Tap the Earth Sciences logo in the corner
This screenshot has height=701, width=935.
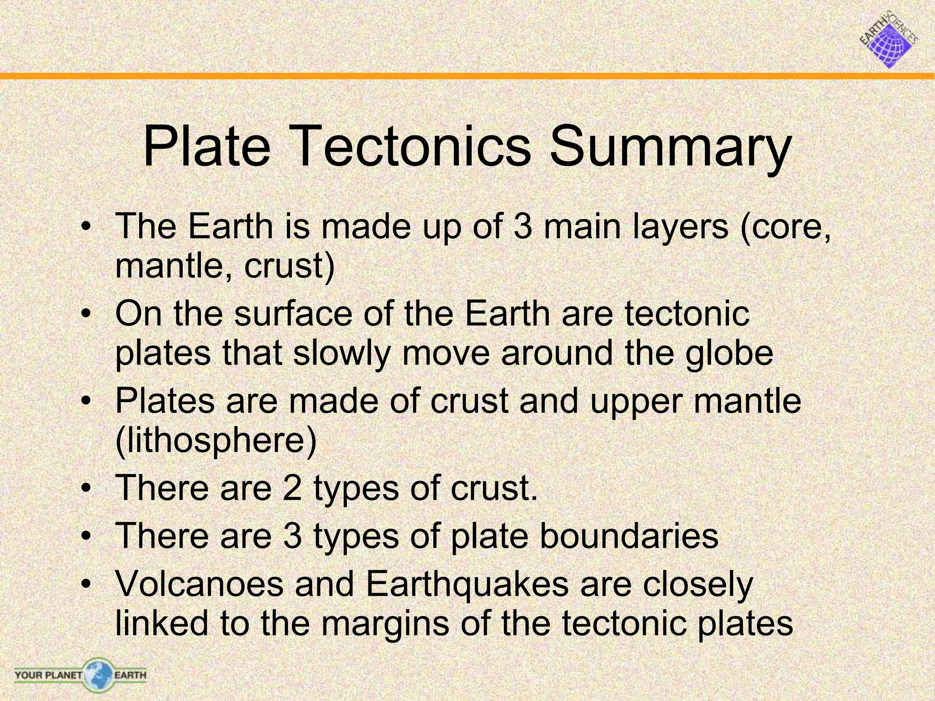point(889,40)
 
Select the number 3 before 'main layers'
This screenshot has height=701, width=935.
point(522,226)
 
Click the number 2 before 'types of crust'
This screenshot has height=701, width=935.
point(292,488)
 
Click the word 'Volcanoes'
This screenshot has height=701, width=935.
point(199,584)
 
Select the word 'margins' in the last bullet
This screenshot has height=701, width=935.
point(385,623)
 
